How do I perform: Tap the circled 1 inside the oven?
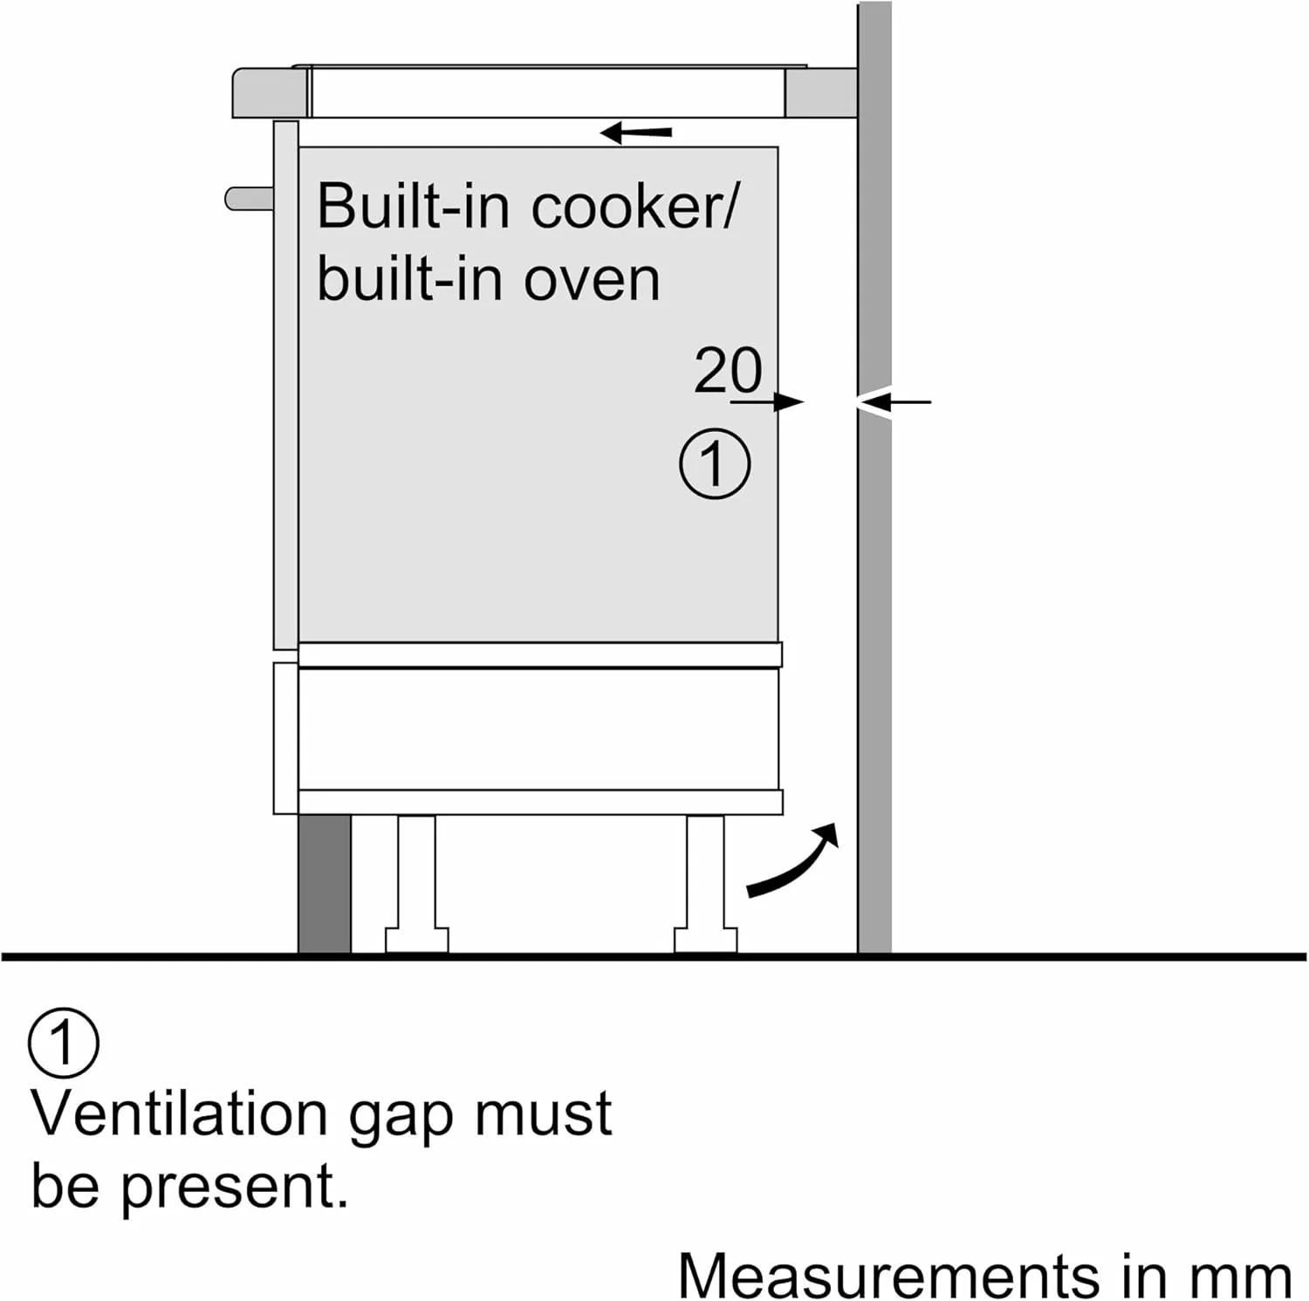point(714,463)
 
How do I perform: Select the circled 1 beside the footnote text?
point(64,1042)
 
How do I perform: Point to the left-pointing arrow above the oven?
point(636,133)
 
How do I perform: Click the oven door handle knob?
point(249,199)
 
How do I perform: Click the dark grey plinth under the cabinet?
point(324,884)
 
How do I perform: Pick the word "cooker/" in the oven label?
point(634,207)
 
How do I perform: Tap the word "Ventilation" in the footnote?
point(179,1114)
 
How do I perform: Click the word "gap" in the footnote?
point(400,1118)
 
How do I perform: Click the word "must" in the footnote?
point(543,1114)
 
